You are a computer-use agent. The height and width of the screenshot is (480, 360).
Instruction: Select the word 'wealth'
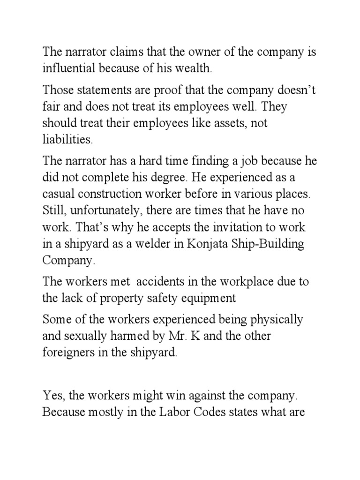tap(197, 69)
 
